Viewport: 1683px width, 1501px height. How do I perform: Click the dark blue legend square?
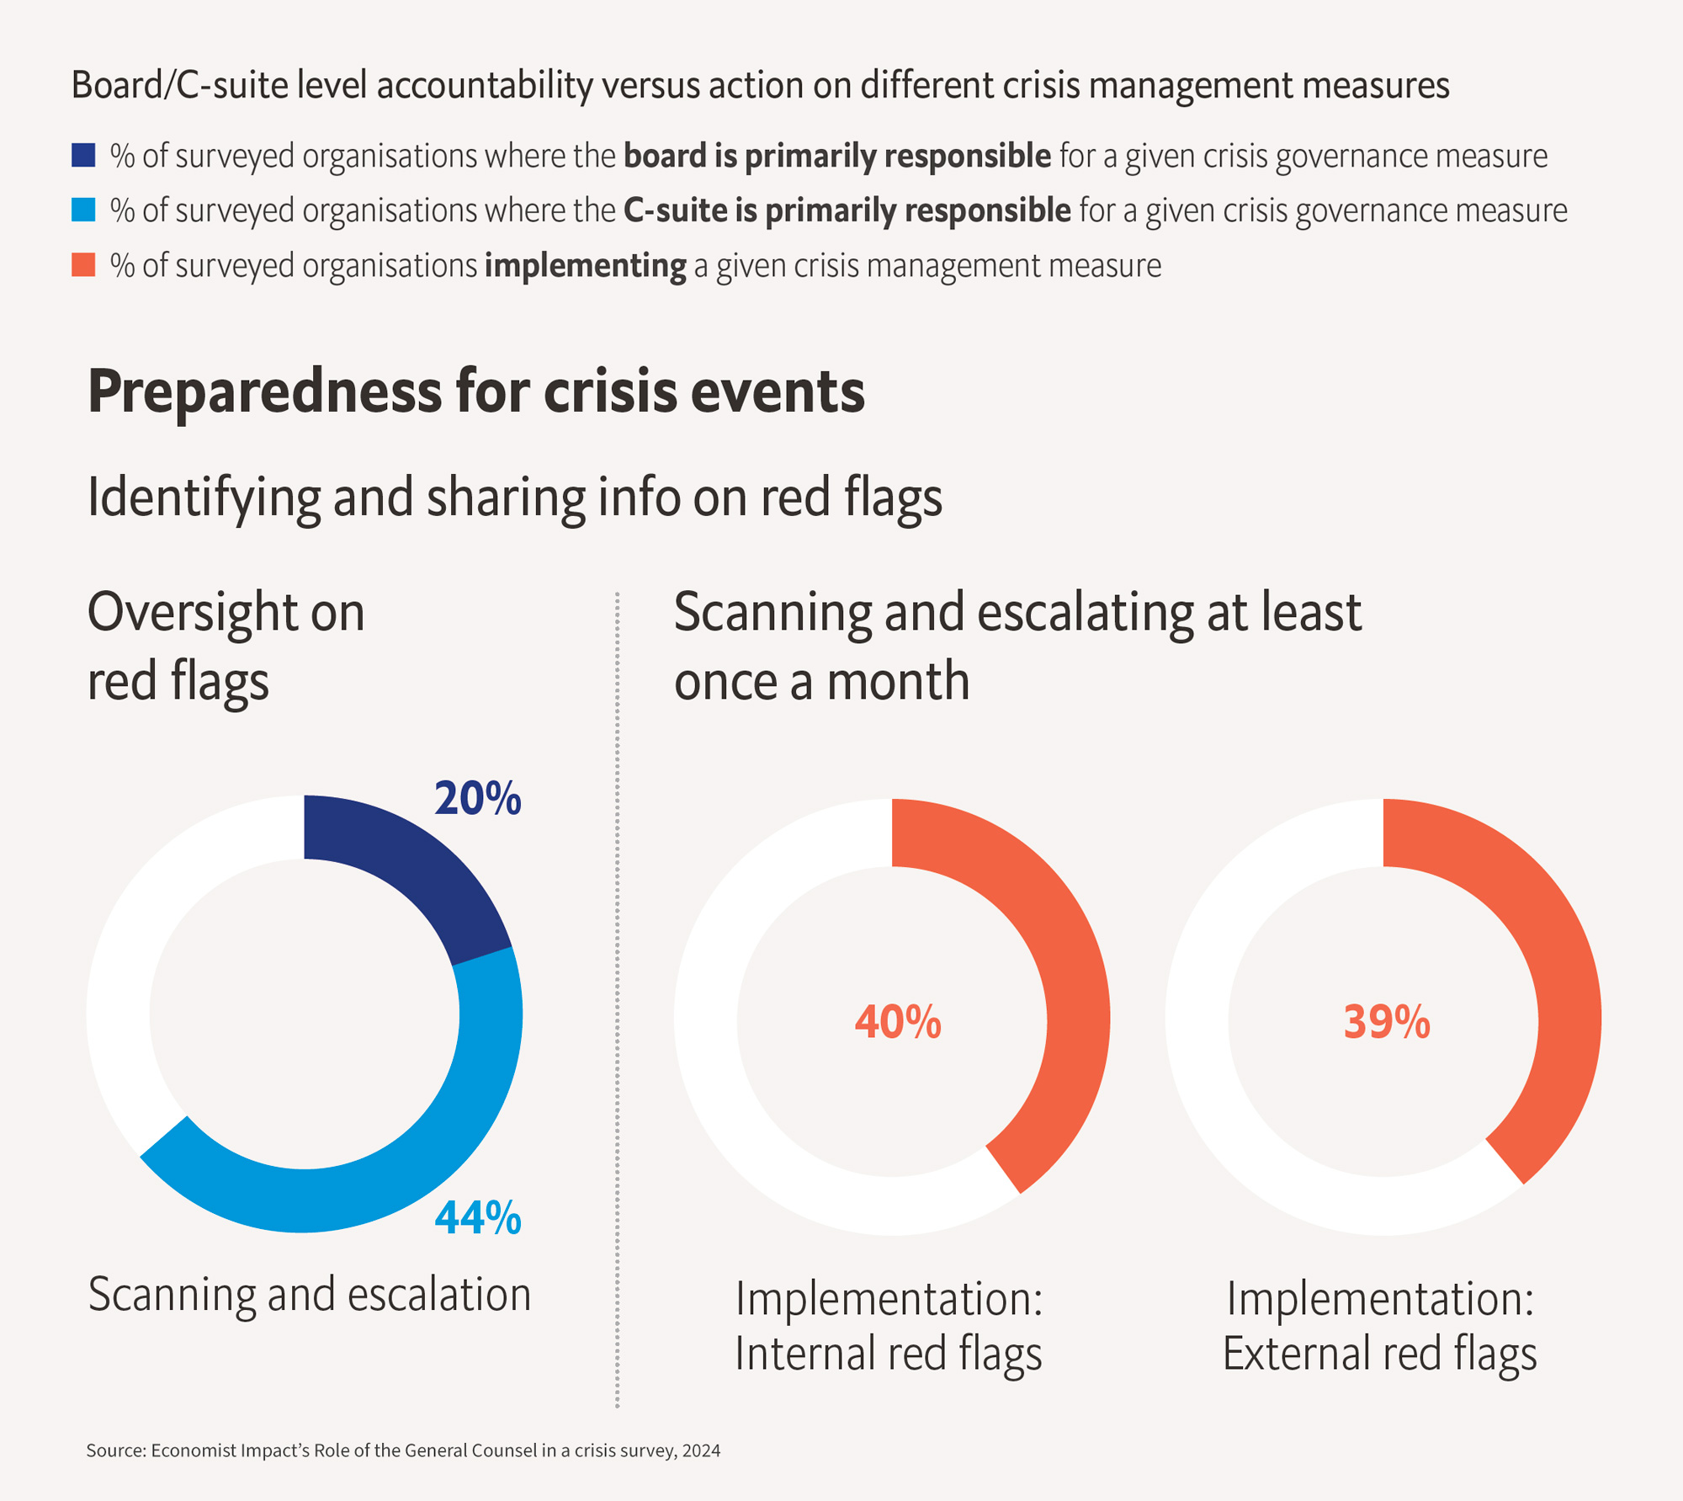(83, 156)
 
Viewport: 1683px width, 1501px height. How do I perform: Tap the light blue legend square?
(83, 210)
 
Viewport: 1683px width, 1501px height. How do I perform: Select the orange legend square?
(83, 265)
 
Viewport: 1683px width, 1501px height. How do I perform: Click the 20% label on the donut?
(477, 798)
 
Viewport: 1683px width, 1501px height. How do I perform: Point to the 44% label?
(477, 1217)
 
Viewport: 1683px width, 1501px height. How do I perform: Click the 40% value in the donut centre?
(897, 1022)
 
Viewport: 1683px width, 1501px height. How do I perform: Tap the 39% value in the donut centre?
(1386, 1022)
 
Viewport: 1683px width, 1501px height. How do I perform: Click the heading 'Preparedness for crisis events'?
(475, 392)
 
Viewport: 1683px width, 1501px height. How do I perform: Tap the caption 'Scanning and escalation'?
(310, 1294)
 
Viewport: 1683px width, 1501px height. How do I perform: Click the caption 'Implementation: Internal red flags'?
(889, 1326)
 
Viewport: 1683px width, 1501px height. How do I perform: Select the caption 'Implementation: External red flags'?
(1380, 1326)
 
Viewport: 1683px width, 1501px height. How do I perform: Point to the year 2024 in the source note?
(701, 1450)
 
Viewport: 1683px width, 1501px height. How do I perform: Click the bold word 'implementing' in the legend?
(585, 266)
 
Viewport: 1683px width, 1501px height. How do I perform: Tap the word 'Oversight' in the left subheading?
(191, 612)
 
